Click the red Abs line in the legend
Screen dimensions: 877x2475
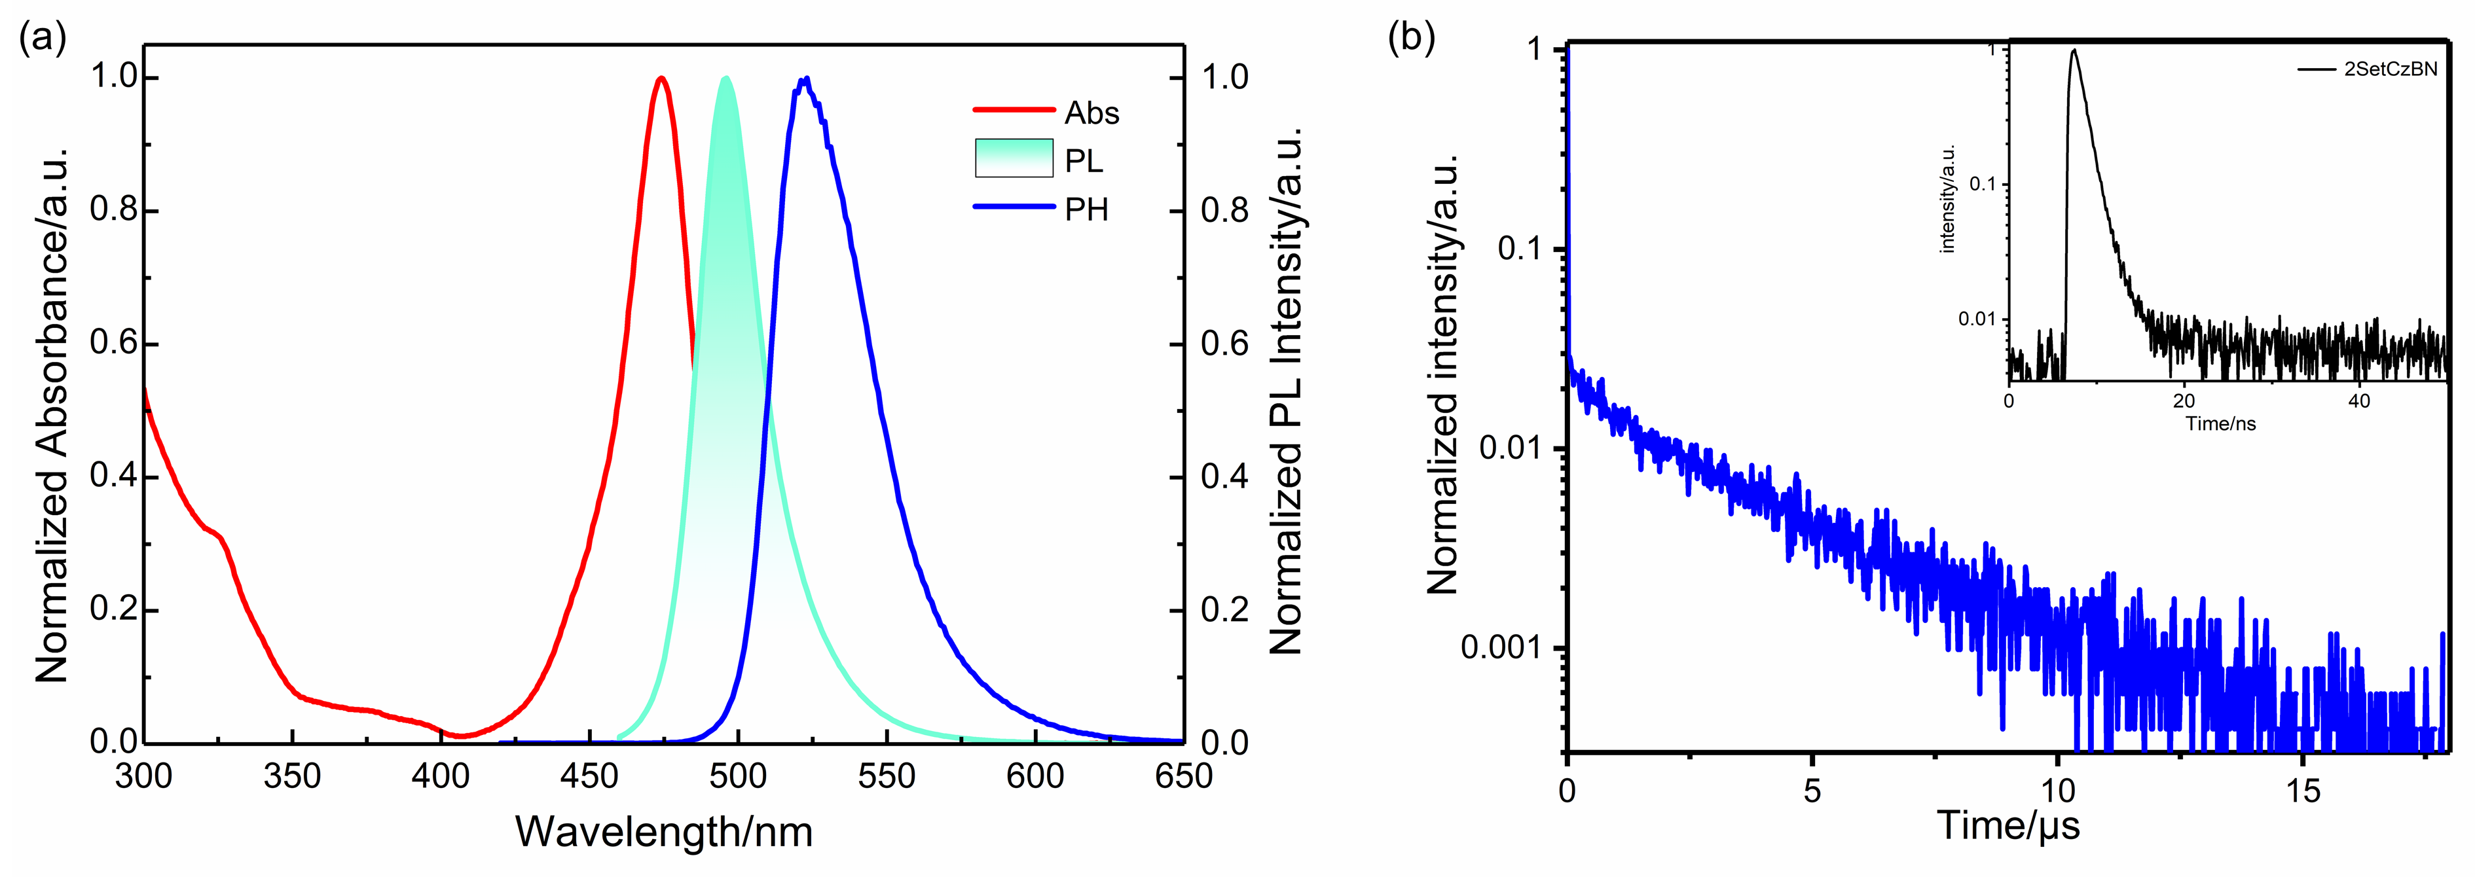pyautogui.click(x=1014, y=111)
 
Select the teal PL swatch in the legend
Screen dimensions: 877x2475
pyautogui.click(x=1014, y=158)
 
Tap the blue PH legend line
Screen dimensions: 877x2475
pyautogui.click(x=1014, y=207)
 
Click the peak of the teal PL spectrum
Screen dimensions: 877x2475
pyautogui.click(x=726, y=78)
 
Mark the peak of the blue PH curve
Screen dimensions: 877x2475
pyautogui.click(x=805, y=79)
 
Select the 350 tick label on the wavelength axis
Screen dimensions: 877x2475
pyautogui.click(x=292, y=776)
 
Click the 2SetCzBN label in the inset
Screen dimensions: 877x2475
pyautogui.click(x=2391, y=69)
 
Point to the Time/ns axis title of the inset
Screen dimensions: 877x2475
pyautogui.click(x=2220, y=423)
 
